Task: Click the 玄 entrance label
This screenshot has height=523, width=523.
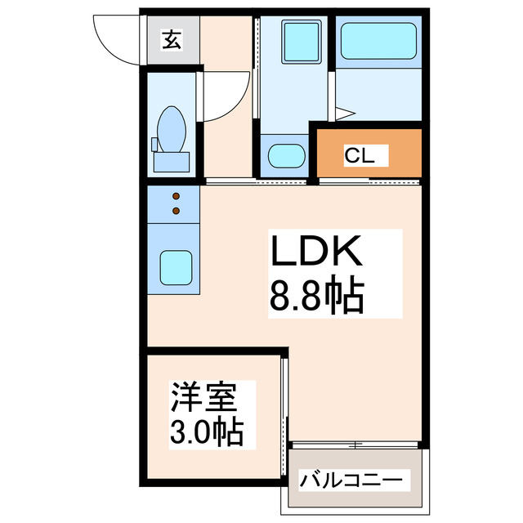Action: [x=172, y=40]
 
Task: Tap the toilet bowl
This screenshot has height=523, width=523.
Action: [x=172, y=129]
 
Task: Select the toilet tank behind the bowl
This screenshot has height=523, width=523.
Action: [x=172, y=162]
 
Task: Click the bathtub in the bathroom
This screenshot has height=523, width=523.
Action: [x=378, y=41]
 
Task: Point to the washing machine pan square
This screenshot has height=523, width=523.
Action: [x=302, y=42]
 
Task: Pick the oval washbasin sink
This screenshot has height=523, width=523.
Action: [x=287, y=156]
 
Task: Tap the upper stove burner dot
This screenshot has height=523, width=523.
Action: [x=177, y=196]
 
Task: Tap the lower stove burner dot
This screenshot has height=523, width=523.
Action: [x=177, y=211]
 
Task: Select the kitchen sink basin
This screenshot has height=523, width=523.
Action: [x=176, y=268]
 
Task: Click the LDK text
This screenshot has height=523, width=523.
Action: [x=316, y=251]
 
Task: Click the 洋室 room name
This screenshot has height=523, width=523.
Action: [x=203, y=397]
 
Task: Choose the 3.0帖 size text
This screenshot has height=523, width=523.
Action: [x=207, y=432]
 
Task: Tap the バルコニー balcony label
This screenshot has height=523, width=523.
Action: [x=351, y=481]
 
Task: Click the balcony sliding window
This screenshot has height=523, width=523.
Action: [x=355, y=445]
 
